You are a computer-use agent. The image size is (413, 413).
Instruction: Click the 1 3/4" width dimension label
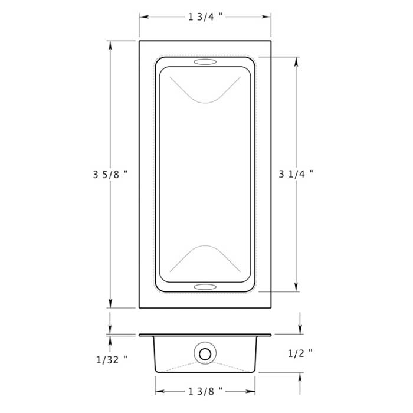205,17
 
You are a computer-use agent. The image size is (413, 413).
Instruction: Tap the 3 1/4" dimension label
296,174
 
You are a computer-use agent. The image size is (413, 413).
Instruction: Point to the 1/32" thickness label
112,358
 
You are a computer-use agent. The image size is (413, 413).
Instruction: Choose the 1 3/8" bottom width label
205,391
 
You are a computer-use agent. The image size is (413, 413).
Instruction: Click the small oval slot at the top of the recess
205,62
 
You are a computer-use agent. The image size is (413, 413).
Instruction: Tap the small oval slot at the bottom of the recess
205,287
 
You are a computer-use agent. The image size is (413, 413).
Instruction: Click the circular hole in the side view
205,354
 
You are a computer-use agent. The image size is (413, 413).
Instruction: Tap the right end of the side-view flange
270,335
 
